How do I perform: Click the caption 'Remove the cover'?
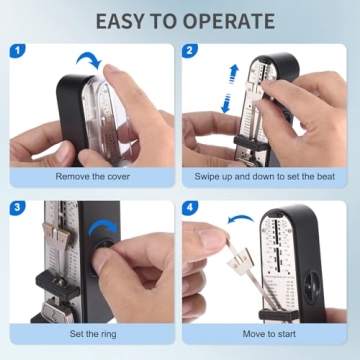pos(93,177)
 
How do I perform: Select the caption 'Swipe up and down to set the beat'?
pos(267,177)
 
